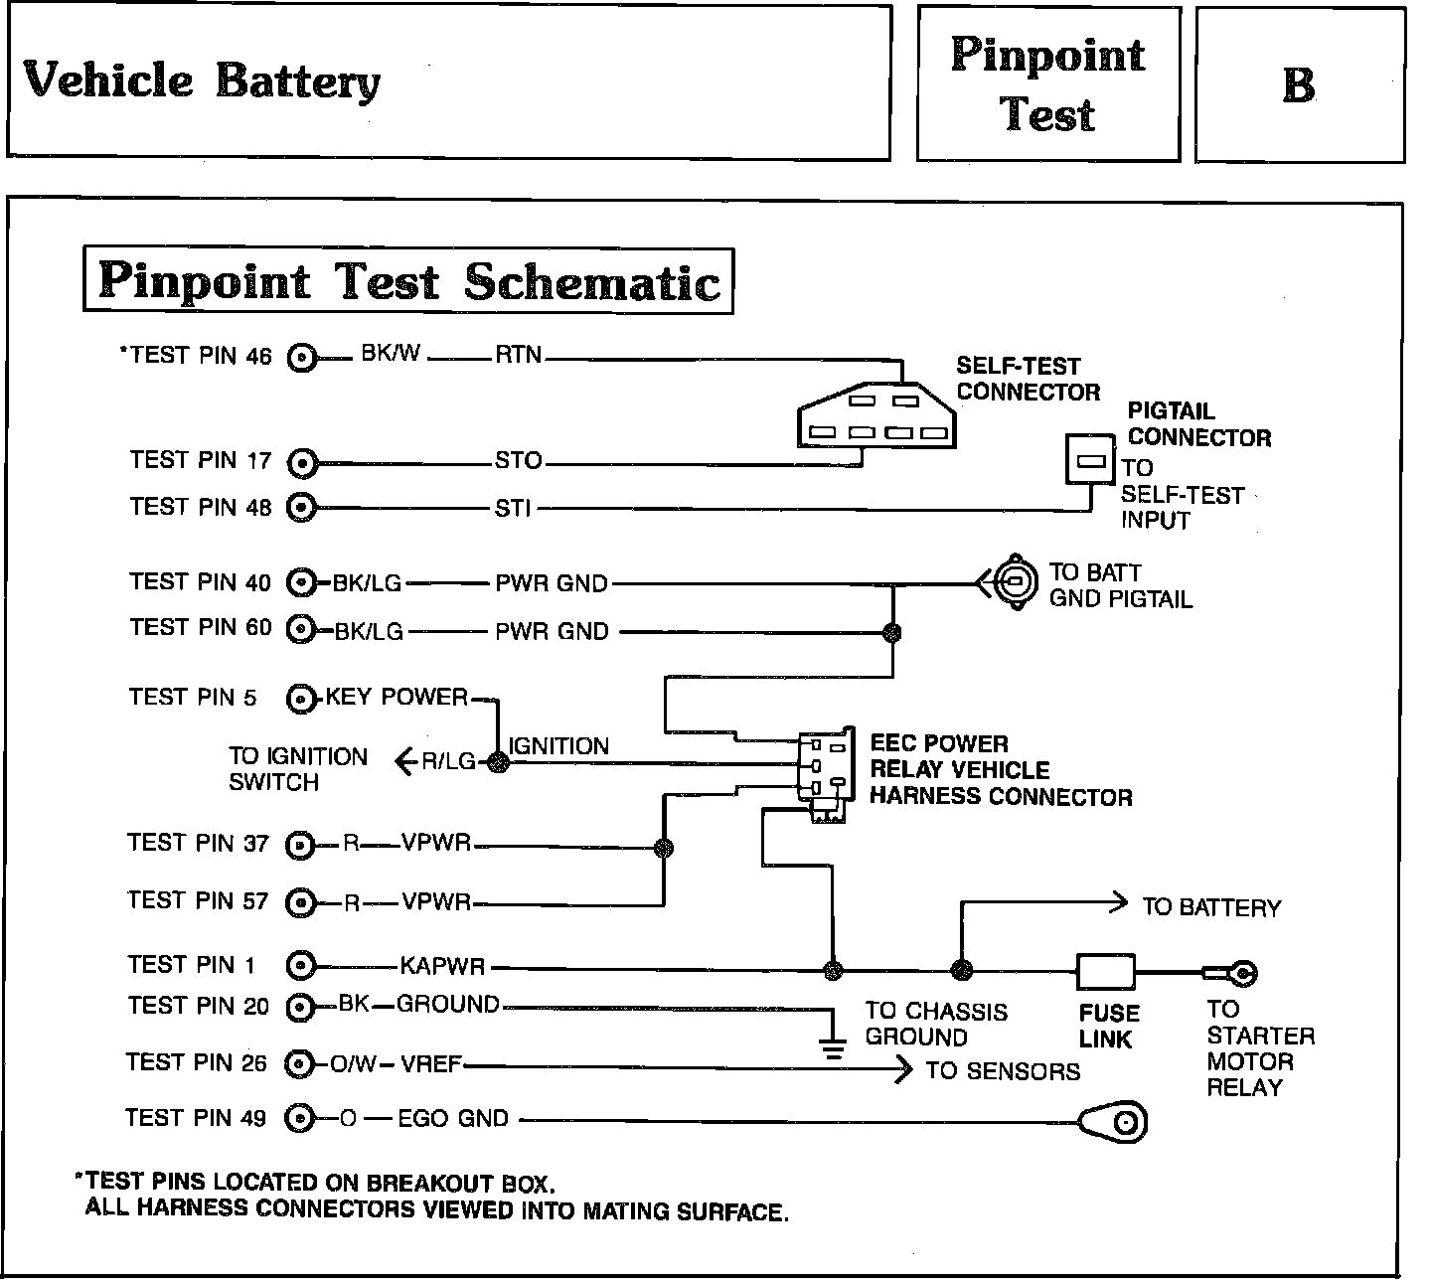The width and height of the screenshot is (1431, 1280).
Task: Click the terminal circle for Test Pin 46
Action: click(302, 358)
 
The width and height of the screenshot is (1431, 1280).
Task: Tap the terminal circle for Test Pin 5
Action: click(299, 700)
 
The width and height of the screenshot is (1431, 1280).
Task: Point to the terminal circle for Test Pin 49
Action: click(298, 1120)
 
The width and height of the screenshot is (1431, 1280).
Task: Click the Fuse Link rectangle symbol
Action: click(1105, 971)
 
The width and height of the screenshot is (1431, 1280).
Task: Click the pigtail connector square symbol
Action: click(1091, 459)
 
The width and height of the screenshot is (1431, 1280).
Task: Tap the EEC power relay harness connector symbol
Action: click(826, 775)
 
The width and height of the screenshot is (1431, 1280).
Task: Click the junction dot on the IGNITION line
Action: click(498, 762)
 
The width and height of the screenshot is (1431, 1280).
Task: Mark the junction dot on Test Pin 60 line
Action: click(892, 632)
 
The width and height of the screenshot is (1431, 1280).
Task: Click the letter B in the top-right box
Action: click(1299, 85)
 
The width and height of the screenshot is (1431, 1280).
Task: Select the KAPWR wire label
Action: click(442, 965)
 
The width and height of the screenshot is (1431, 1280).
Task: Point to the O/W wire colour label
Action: click(354, 1064)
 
